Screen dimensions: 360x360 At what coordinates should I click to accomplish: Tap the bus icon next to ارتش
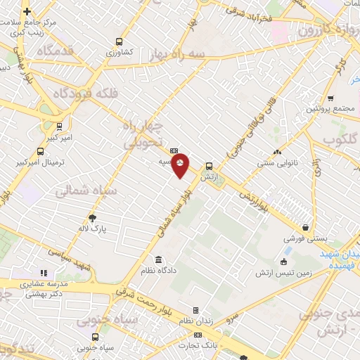pyautogui.click(x=208, y=167)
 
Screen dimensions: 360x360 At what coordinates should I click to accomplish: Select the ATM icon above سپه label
pyautogui.click(x=174, y=150)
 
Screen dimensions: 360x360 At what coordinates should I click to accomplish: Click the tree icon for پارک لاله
pyautogui.click(x=93, y=218)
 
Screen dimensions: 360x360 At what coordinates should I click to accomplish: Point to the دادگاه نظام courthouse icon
pyautogui.click(x=157, y=259)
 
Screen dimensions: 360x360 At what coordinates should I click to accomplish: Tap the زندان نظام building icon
pyautogui.click(x=195, y=310)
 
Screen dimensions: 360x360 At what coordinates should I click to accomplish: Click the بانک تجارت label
pyautogui.click(x=199, y=345)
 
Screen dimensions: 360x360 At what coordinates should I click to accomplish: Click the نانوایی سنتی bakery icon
pyautogui.click(x=277, y=152)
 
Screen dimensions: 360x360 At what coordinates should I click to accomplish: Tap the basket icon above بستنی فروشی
pyautogui.click(x=306, y=227)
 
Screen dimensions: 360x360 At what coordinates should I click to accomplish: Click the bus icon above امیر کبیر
pyautogui.click(x=59, y=127)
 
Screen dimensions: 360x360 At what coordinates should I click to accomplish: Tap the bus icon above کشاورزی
pyautogui.click(x=119, y=41)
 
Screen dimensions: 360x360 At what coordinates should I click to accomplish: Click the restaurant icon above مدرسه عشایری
pyautogui.click(x=43, y=273)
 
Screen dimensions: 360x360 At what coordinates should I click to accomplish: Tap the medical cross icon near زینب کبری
pyautogui.click(x=27, y=12)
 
